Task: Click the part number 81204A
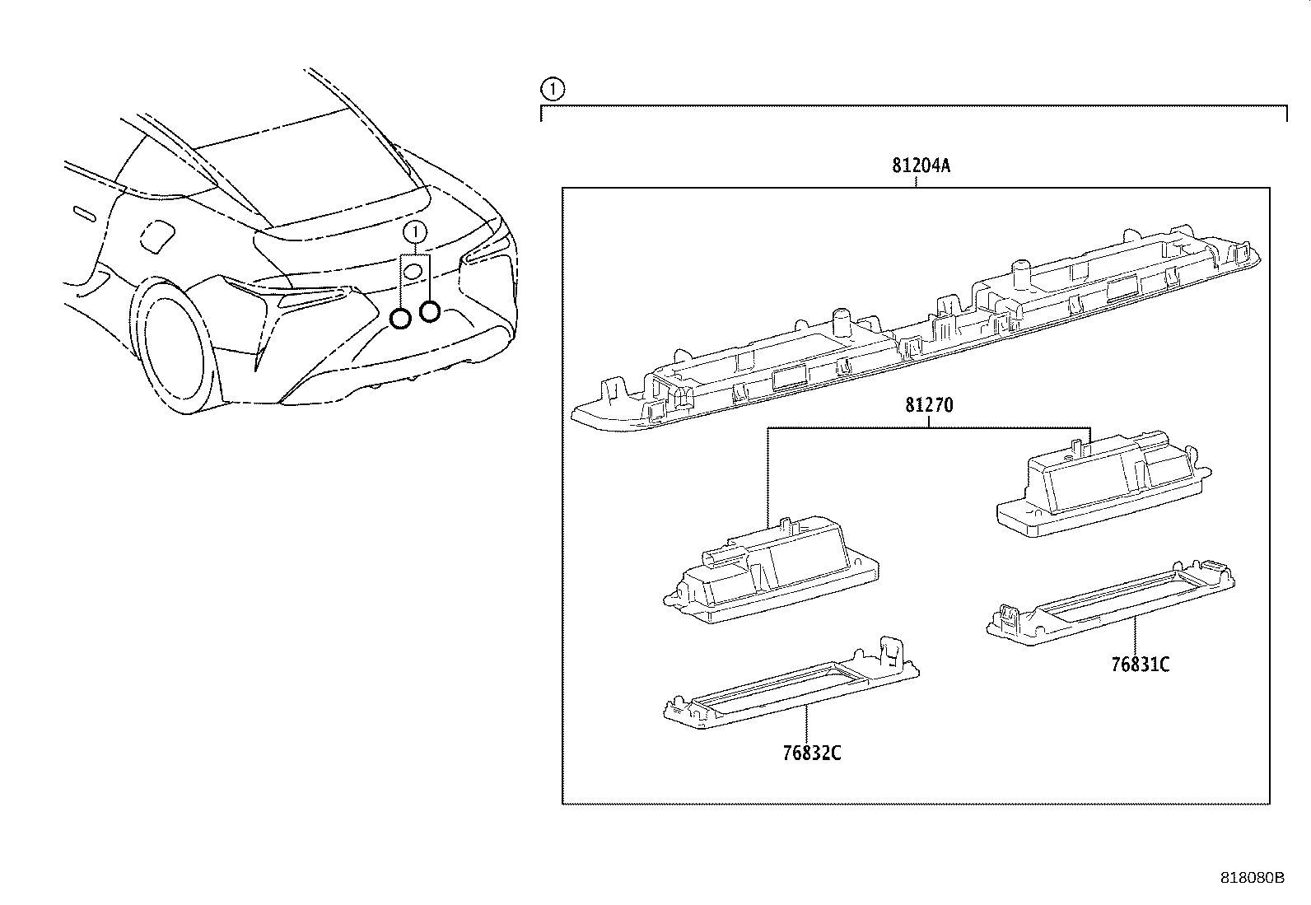pos(921,166)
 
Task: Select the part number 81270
pos(929,406)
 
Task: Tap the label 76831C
pos(1140,665)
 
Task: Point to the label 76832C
pos(812,753)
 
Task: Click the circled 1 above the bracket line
pos(551,88)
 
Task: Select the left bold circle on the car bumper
pos(400,319)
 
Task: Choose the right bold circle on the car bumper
pos(429,311)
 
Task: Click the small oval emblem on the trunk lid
pos(413,271)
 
